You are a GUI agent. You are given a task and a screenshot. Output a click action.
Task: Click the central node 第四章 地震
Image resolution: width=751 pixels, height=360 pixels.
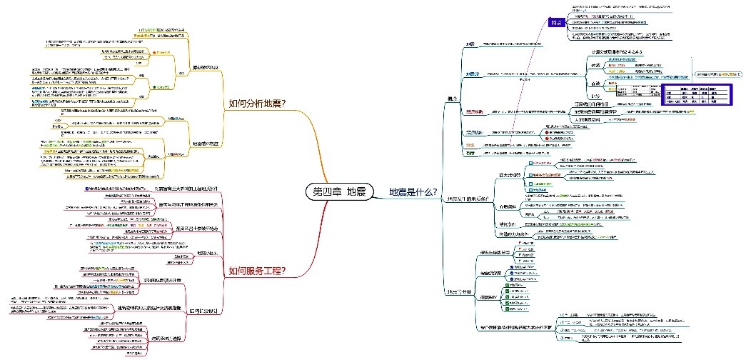339,191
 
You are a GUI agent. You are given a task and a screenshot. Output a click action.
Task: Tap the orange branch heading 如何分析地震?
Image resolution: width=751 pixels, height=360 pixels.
257,104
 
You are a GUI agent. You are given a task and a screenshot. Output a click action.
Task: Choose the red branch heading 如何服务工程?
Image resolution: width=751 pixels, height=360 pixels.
257,271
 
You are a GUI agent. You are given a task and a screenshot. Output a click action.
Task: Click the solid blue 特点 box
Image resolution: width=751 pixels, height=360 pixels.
556,22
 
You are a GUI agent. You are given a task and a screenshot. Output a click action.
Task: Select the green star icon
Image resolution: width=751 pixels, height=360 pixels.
155,86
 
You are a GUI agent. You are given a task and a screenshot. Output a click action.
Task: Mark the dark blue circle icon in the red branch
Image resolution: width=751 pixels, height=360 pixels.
87,189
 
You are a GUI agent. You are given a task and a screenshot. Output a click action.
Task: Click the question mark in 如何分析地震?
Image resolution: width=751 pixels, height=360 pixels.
283,104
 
